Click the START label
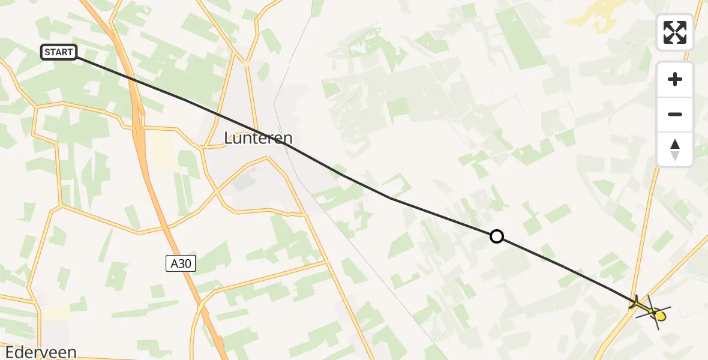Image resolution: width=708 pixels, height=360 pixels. pyautogui.click(x=59, y=53)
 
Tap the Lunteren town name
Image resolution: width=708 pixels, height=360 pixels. pyautogui.click(x=254, y=138)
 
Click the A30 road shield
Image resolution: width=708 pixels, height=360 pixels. pyautogui.click(x=181, y=263)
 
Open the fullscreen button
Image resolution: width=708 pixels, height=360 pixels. pyautogui.click(x=675, y=32)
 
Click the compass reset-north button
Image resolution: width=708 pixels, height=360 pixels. pyautogui.click(x=675, y=149)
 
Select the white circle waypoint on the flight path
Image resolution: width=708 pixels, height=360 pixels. pyautogui.click(x=497, y=236)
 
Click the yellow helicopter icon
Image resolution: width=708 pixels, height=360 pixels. pyautogui.click(x=650, y=310)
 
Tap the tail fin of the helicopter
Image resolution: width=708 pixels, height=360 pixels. pyautogui.click(x=634, y=304)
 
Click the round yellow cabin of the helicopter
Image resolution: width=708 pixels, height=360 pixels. pyautogui.click(x=660, y=316)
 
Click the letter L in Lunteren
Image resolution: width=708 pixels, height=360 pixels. pyautogui.click(x=229, y=139)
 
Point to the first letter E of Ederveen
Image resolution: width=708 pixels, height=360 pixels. pyautogui.click(x=8, y=352)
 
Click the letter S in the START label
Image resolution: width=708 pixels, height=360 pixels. pyautogui.click(x=47, y=53)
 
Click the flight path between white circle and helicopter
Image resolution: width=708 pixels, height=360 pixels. pyautogui.click(x=564, y=268)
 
